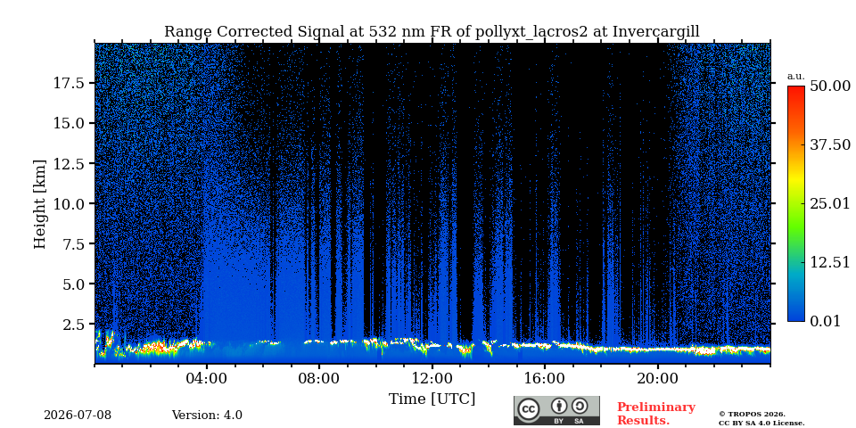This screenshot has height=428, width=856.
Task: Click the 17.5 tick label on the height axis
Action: pyautogui.click(x=69, y=83)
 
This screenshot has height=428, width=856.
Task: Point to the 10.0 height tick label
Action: pyautogui.click(x=69, y=203)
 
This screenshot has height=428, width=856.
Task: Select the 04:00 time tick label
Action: pyautogui.click(x=207, y=378)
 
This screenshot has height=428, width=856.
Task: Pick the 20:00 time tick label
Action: pyautogui.click(x=657, y=378)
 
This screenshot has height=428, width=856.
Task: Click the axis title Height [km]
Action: pyautogui.click(x=40, y=204)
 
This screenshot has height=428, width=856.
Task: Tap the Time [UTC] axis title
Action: pyautogui.click(x=432, y=399)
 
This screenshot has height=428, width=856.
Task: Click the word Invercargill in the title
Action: pyautogui.click(x=655, y=32)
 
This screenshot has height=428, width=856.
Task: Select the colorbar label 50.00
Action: pyautogui.click(x=830, y=86)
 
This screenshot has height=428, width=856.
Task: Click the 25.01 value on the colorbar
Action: pyautogui.click(x=830, y=204)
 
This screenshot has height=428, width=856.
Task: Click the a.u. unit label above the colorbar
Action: pyautogui.click(x=795, y=77)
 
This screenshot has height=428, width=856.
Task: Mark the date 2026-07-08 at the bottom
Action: pyautogui.click(x=78, y=416)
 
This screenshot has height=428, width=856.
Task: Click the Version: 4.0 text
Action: pyautogui.click(x=207, y=416)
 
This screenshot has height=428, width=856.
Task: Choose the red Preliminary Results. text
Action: pyautogui.click(x=656, y=414)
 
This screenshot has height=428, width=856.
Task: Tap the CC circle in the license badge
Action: pyautogui.click(x=528, y=410)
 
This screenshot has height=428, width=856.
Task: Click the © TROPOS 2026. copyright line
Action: pyautogui.click(x=752, y=415)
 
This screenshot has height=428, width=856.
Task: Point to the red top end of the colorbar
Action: pyautogui.click(x=796, y=88)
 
